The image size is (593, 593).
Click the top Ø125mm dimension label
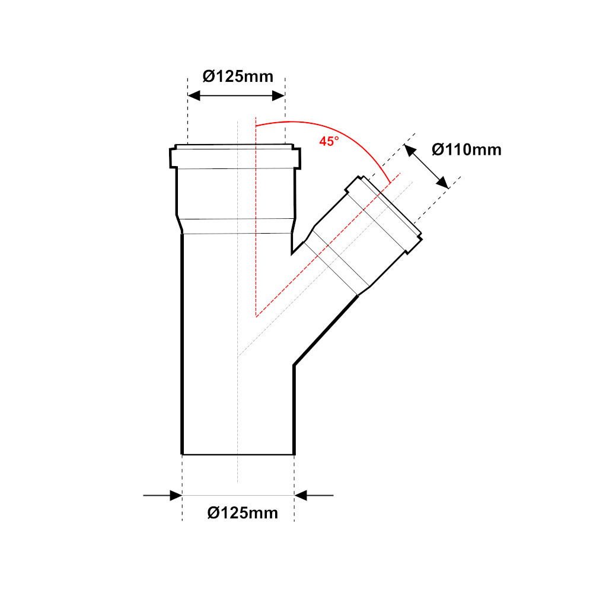click(x=238, y=76)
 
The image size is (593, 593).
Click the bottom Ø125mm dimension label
click(x=243, y=513)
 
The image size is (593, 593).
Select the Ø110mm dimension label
click(x=467, y=150)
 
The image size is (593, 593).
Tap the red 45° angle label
click(x=329, y=141)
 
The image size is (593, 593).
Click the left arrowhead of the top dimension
click(x=194, y=95)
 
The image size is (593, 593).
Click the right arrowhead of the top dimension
click(x=279, y=95)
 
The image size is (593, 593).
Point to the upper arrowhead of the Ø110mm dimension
click(x=410, y=150)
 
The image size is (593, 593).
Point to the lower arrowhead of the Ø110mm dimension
click(x=442, y=183)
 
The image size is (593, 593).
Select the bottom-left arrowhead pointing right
click(x=176, y=495)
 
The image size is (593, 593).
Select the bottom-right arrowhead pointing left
click(x=301, y=495)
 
